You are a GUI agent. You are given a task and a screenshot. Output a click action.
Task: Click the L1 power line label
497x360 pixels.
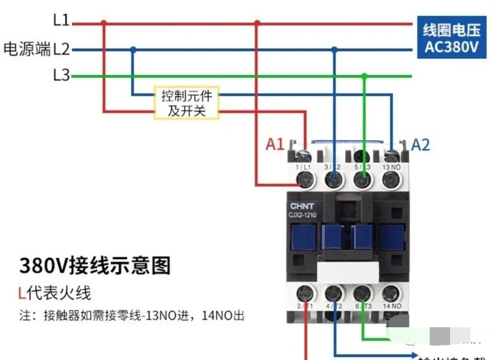pos(61,20)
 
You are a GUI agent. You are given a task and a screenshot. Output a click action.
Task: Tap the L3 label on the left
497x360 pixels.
pos(61,76)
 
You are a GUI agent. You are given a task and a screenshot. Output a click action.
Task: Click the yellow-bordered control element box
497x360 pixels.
pos(187,103)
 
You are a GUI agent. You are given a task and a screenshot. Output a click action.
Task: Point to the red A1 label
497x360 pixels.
pos(275,145)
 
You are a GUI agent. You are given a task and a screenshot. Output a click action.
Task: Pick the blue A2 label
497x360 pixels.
pos(420,145)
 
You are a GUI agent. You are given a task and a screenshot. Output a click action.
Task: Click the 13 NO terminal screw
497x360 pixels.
pos(391,178)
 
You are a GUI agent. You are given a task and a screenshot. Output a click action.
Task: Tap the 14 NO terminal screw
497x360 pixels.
pos(391,294)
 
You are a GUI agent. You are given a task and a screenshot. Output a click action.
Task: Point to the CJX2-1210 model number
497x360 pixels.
pos(303,215)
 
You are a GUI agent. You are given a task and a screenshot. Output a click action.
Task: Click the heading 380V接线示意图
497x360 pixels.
pos(95,266)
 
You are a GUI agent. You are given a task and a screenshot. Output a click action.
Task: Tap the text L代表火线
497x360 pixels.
pos(54,293)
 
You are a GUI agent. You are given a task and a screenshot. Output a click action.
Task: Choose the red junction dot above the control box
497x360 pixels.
pos(104,23)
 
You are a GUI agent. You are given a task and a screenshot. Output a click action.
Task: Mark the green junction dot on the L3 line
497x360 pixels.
pos(364,76)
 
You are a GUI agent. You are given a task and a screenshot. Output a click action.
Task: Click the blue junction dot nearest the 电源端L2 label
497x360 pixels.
pos(133,50)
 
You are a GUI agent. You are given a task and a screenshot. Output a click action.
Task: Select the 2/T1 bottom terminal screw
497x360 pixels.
pos(305,294)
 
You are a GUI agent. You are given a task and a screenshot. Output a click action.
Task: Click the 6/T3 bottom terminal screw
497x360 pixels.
pos(363,294)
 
